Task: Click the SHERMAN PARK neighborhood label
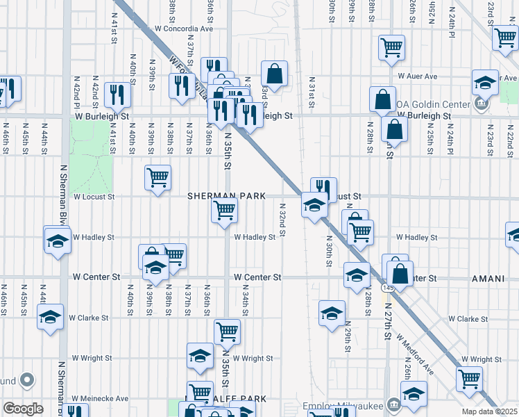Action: tap(227, 197)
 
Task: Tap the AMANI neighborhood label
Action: tap(488, 278)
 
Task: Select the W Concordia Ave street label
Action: tap(184, 28)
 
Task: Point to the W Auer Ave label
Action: tap(417, 76)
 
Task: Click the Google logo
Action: tap(23, 409)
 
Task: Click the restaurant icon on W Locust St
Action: tap(323, 188)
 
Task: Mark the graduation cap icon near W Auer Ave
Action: tap(485, 83)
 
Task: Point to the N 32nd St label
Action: tap(282, 219)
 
